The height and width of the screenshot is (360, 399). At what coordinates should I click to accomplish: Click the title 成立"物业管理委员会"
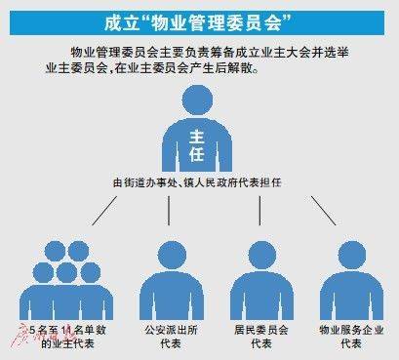200,20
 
